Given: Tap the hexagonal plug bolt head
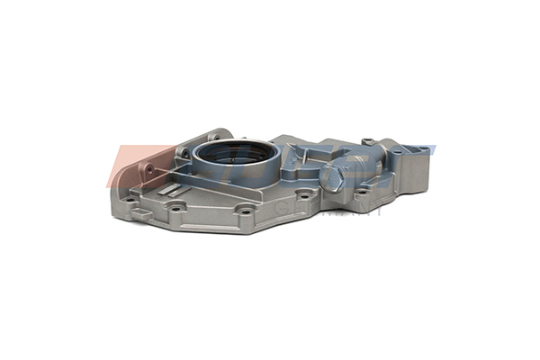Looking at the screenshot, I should point(332,179).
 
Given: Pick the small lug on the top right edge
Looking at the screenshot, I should point(367,140).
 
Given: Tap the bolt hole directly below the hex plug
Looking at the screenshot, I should point(359,191).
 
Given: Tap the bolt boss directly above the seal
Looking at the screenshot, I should point(214,137).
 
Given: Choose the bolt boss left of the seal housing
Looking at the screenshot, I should point(184,154).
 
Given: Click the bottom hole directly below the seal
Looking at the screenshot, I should point(245,211).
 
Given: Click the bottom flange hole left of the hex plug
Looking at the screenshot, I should point(303,193).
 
